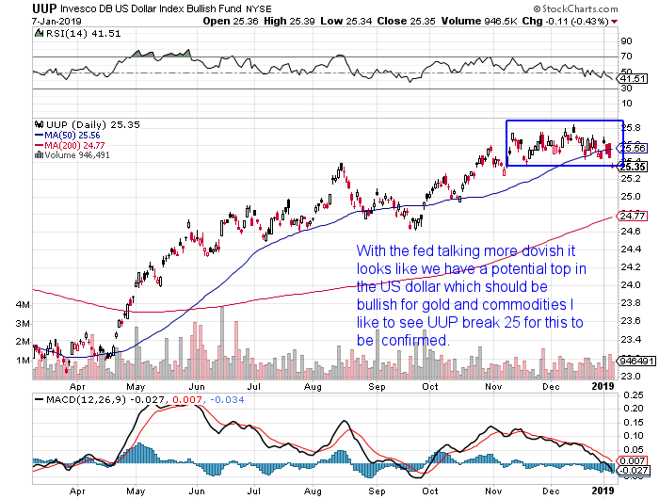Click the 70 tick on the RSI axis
coord(625,57)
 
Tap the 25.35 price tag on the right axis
coord(632,167)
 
